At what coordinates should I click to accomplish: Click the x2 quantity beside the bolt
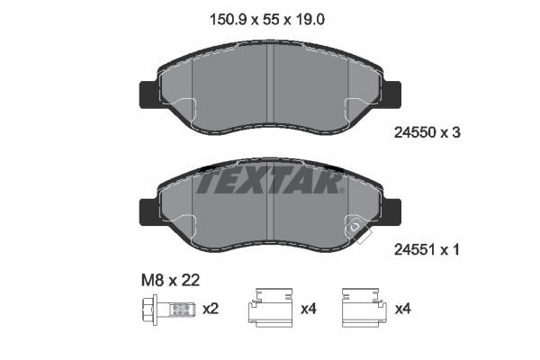(211, 310)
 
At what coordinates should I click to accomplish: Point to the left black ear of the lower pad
(147, 212)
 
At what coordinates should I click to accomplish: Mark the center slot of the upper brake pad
(271, 90)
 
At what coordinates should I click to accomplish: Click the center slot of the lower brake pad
(271, 209)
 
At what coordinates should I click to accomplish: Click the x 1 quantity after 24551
(451, 251)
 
